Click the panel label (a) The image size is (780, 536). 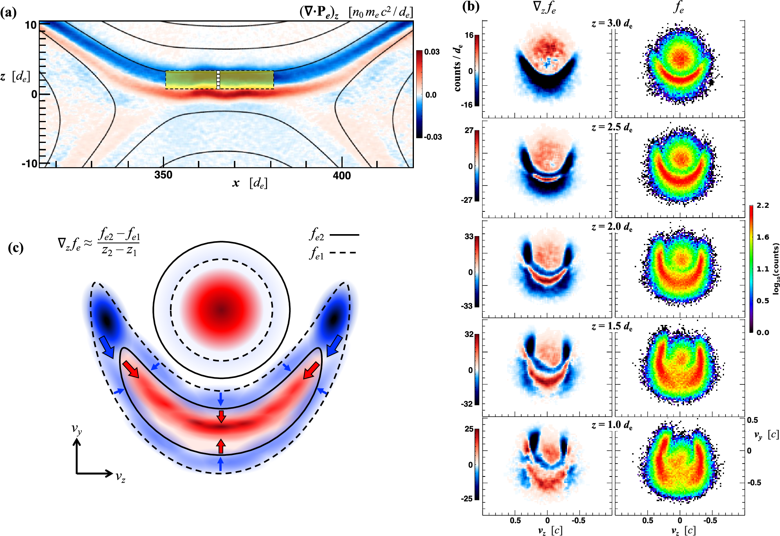click(x=9, y=13)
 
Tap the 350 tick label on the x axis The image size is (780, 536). click(x=163, y=175)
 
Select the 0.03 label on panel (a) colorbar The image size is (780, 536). click(x=432, y=52)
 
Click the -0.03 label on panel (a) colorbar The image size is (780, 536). click(x=433, y=137)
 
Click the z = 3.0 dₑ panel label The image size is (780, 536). click(x=612, y=23)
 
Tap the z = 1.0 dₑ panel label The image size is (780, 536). click(x=612, y=425)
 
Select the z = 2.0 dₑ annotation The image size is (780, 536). click(x=612, y=227)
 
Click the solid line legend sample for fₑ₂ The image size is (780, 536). click(x=344, y=235)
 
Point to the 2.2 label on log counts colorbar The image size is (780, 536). click(x=762, y=206)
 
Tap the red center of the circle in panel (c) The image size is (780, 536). click(x=222, y=309)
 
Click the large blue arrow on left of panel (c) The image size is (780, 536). click(x=106, y=347)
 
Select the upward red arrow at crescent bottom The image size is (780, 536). click(x=221, y=446)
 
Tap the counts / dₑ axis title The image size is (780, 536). click(x=458, y=67)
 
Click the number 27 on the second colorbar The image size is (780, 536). click(x=469, y=130)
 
